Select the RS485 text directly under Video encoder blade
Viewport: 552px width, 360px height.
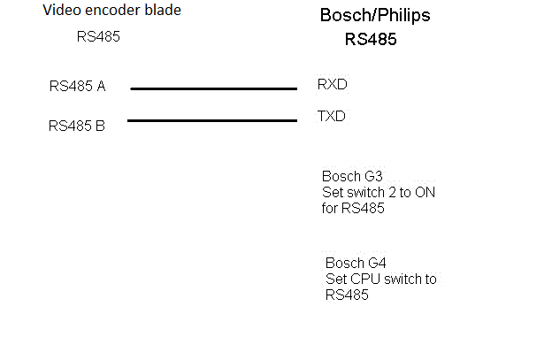click(x=98, y=37)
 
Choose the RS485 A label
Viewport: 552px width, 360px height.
click(x=77, y=86)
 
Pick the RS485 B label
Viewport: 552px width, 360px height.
click(x=77, y=126)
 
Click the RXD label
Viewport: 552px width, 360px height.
click(x=332, y=84)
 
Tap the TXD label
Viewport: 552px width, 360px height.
click(x=332, y=116)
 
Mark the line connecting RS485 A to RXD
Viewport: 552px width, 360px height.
click(x=213, y=88)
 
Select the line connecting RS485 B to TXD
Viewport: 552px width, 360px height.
click(x=212, y=120)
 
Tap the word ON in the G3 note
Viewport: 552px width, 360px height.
click(x=425, y=192)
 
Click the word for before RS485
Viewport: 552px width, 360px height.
click(x=329, y=210)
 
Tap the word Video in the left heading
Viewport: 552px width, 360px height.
click(x=61, y=11)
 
